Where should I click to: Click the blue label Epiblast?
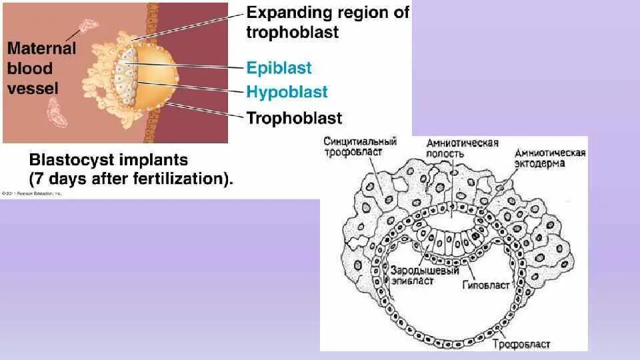pos(279,68)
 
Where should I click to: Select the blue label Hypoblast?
pos(287,92)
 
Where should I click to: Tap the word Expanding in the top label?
pos(288,13)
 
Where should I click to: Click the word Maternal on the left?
pos(42,49)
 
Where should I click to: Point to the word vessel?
pos(32,88)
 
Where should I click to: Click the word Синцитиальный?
pos(360,141)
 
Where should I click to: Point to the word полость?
pos(452,153)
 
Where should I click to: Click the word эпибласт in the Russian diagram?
pos(413,281)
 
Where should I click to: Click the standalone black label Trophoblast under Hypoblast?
pos(294,119)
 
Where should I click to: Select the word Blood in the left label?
pos(30,69)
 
